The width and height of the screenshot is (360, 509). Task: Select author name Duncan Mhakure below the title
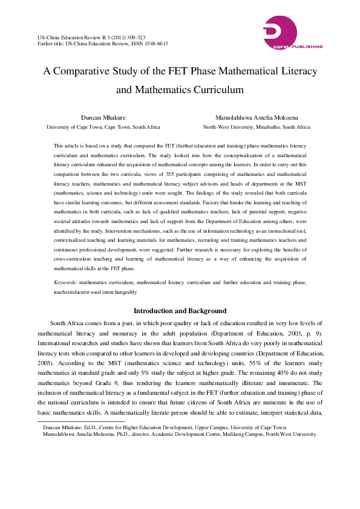coord(103,117)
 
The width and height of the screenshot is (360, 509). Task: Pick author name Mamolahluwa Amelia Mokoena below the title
coord(257,117)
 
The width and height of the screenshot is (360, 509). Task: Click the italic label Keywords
coord(65,282)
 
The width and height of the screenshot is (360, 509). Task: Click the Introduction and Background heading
coord(180,311)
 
